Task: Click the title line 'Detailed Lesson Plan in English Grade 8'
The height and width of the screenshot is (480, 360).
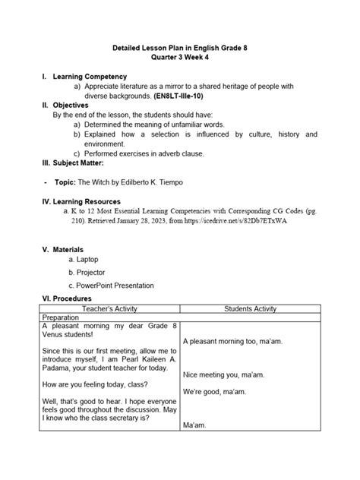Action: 179,48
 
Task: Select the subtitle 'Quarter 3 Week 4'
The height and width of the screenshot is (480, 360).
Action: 179,58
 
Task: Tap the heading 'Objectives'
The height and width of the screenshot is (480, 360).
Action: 74,106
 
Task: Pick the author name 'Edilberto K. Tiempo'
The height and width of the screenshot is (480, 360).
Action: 172,182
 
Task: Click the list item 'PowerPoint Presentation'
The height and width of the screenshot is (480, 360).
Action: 115,286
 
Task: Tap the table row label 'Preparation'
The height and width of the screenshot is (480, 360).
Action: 67,317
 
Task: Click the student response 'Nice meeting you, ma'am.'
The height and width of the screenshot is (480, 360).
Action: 223,374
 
